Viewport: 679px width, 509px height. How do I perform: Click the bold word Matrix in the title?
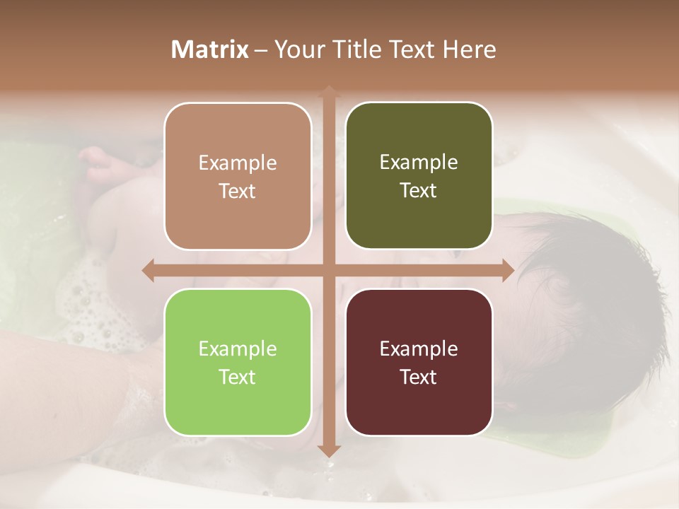[210, 49]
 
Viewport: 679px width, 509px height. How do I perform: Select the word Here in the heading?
[469, 49]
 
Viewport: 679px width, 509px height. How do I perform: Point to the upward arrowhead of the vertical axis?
[327, 90]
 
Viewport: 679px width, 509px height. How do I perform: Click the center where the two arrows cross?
[327, 270]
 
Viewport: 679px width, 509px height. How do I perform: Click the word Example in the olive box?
[419, 163]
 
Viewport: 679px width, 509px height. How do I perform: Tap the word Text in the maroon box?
[419, 377]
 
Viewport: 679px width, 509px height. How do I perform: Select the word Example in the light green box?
[238, 349]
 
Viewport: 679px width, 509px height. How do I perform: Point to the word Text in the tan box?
[238, 191]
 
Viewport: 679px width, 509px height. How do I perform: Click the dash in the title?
[261, 50]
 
